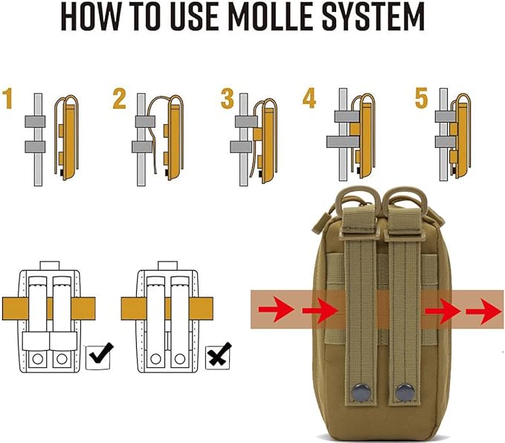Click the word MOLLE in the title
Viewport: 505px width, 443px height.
286,18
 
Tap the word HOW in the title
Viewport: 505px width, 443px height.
93,18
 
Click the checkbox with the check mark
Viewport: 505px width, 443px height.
99,358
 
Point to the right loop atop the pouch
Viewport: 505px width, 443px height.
402,201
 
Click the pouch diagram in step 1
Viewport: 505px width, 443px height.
69,137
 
